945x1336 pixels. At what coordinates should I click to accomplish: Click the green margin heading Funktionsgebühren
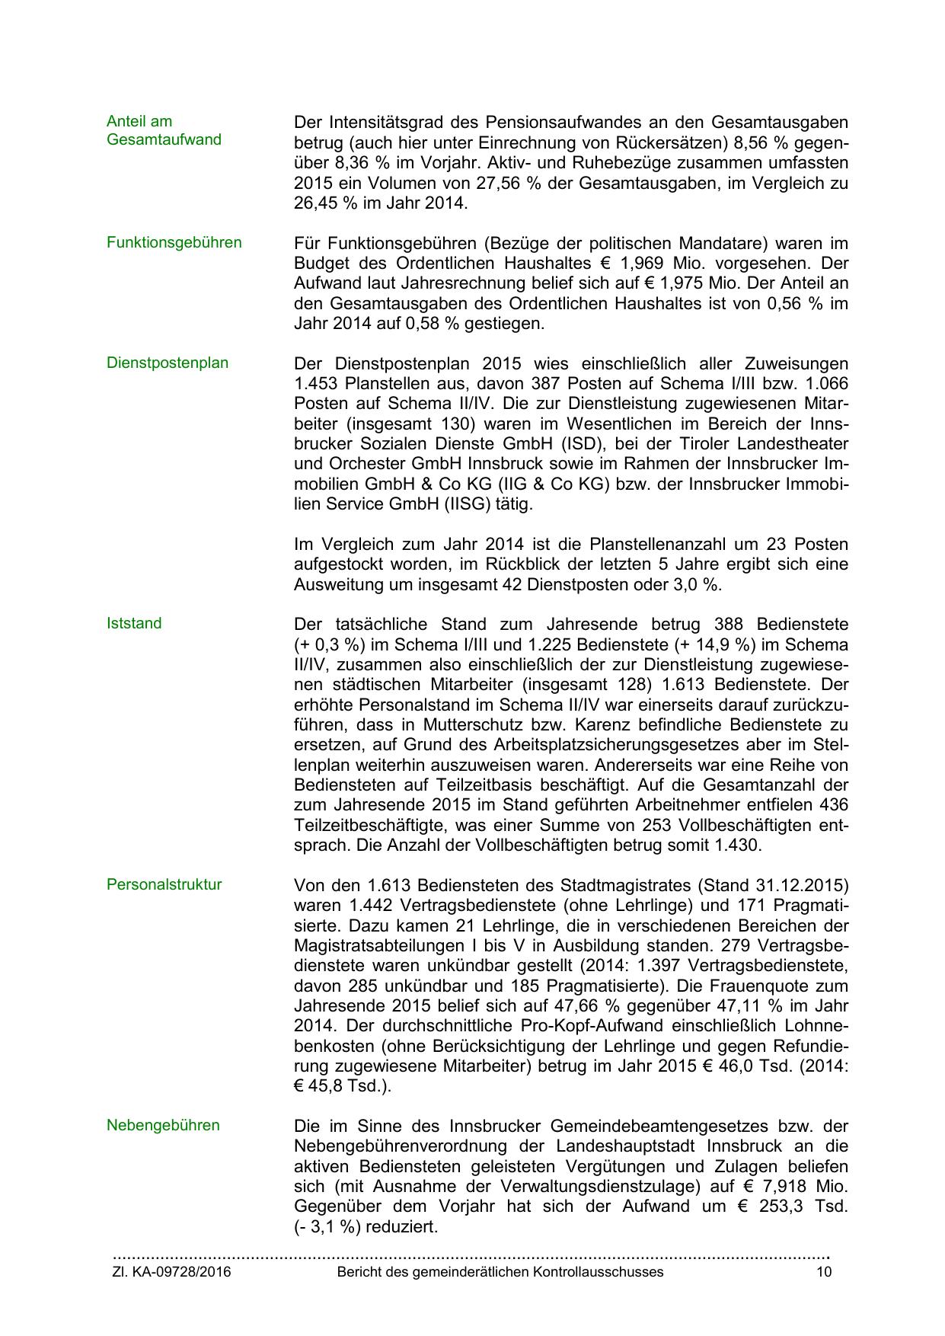174,243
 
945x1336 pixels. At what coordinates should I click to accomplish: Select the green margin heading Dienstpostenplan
168,363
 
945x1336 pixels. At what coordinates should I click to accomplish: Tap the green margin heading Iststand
134,624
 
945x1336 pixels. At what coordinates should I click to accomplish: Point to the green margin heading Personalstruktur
164,885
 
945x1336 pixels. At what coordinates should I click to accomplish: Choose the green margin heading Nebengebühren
163,1126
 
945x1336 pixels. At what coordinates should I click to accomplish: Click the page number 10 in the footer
824,1273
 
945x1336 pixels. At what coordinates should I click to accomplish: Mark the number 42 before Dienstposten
514,585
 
